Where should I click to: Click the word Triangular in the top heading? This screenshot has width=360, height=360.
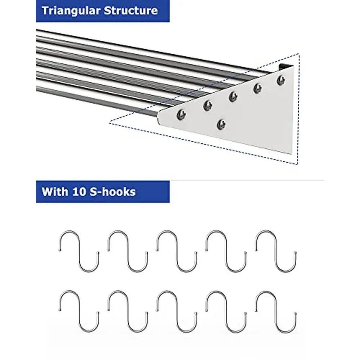[71, 10]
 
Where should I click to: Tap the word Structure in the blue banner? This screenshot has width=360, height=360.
[131, 10]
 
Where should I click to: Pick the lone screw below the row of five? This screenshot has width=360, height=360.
[222, 124]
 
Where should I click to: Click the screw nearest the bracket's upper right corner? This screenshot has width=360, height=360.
[281, 80]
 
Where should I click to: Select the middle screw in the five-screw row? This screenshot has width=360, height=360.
[233, 96]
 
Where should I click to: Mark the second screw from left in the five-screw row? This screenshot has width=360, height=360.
[208, 105]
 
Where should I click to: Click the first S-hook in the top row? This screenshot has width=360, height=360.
[79, 251]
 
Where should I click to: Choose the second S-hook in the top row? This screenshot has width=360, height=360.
[128, 251]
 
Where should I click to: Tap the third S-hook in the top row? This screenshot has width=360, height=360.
[177, 251]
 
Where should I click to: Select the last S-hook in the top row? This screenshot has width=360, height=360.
[276, 251]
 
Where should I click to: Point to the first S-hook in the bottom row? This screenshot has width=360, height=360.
[79, 311]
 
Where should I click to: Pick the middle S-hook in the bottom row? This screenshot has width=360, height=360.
[177, 311]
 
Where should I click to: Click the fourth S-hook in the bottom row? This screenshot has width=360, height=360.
[226, 311]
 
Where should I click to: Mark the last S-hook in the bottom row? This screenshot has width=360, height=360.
[276, 311]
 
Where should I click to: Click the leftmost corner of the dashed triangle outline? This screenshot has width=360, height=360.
[109, 123]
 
